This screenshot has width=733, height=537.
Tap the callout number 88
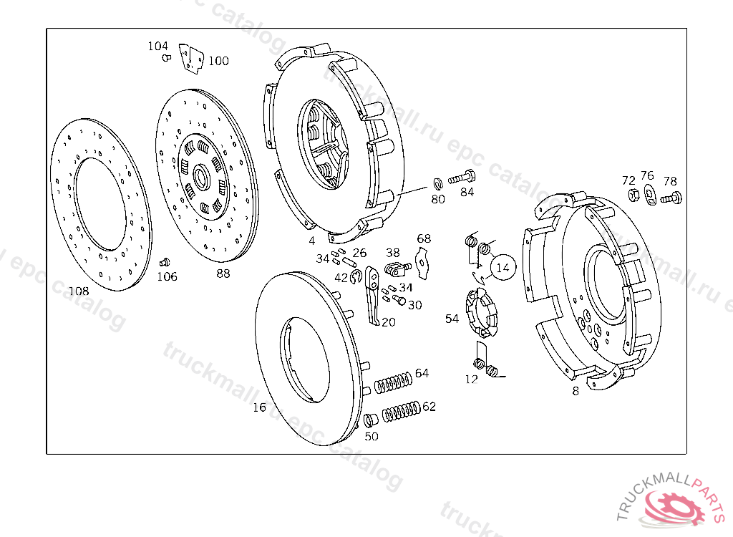point(223,273)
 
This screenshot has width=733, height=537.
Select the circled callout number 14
point(503,267)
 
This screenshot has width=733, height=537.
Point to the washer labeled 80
point(438,183)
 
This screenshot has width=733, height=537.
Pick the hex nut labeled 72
point(633,195)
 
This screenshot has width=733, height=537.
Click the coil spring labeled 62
point(401,412)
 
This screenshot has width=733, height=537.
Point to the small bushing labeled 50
point(370,420)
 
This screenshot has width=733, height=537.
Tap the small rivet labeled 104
point(166,57)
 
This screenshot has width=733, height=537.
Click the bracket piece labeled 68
point(424,260)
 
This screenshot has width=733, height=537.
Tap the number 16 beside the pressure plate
point(259,407)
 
